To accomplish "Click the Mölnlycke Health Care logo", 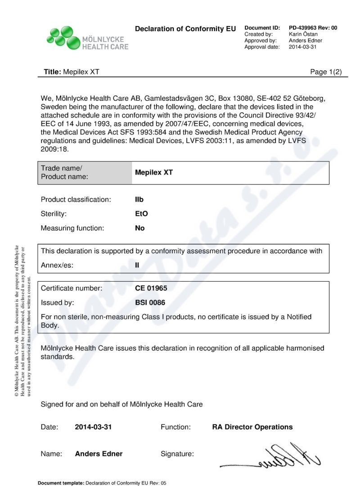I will click(x=87, y=38).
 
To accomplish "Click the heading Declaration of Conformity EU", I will click(x=185, y=29).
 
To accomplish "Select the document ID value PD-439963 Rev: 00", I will click(x=313, y=28).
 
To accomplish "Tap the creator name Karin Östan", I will click(x=302, y=34).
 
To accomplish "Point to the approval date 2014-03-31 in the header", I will click(x=303, y=47).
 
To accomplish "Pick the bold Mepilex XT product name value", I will click(x=154, y=172).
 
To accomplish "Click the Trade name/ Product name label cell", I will click(x=85, y=172).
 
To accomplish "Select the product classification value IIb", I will click(x=139, y=199).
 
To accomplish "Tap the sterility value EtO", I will click(x=141, y=214).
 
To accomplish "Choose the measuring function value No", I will click(x=140, y=228).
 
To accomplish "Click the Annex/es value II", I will click(x=137, y=265).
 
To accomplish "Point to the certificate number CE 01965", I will click(x=153, y=288).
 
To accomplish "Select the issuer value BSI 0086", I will click(x=150, y=302).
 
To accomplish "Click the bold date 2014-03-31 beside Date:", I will click(x=93, y=427).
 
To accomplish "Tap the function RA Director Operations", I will click(x=252, y=427).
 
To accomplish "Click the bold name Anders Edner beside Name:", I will click(x=99, y=454).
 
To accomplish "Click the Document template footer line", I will click(x=102, y=483).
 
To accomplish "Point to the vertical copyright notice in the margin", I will click(x=22, y=321).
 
